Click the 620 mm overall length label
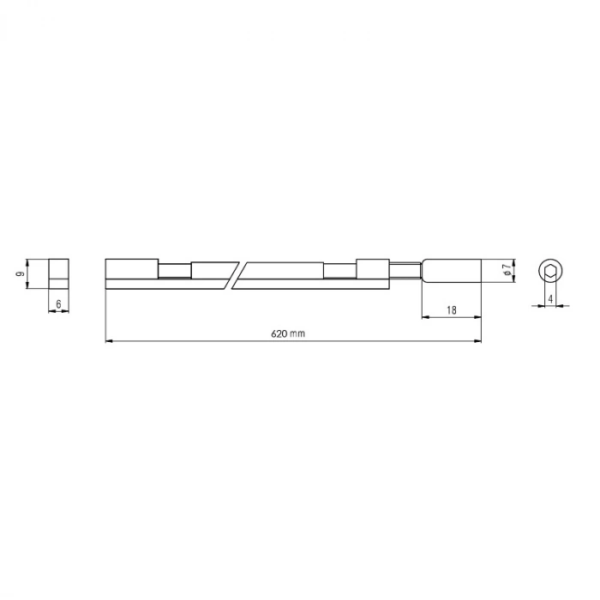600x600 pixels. (290, 333)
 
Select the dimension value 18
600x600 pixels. (451, 309)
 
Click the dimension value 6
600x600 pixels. (58, 303)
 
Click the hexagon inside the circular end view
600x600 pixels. (549, 272)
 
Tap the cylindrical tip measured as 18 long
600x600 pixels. (451, 272)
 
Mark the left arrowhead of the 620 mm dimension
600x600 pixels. (109, 342)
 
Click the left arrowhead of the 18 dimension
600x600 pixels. (425, 317)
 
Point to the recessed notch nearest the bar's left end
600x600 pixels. (174, 271)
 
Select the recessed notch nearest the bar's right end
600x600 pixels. (339, 271)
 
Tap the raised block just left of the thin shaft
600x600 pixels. (371, 268)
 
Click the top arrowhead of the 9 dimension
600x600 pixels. (27, 261)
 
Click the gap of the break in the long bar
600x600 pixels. (238, 273)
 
